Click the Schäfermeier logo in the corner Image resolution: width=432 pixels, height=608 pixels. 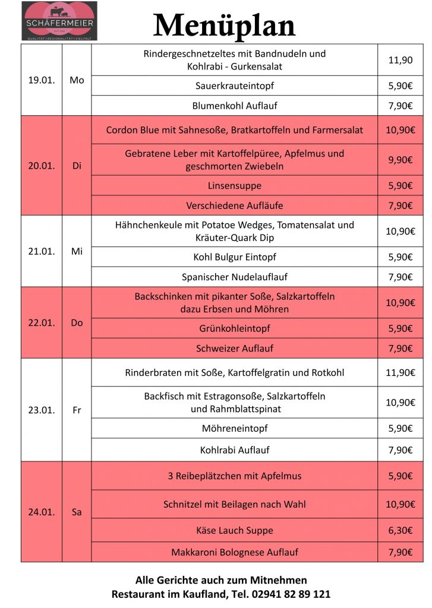[59, 21]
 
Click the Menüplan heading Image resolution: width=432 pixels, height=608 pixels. [224, 26]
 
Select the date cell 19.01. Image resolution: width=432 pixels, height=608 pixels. [42, 80]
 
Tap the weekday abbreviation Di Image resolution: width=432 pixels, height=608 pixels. [77, 166]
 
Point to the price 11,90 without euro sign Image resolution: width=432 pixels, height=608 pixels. [400, 60]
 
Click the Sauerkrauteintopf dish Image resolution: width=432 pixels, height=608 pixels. [235, 85]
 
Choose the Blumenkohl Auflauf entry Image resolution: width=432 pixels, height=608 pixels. [235, 106]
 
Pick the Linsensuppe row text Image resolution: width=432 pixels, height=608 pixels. [235, 185]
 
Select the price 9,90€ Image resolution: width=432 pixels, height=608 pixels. [400, 160]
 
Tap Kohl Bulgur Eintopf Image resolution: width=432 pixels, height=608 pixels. [235, 257]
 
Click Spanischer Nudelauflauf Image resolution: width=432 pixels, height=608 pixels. [235, 277]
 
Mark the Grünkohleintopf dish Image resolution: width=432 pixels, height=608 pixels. [235, 328]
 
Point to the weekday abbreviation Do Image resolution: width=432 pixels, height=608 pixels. [77, 323]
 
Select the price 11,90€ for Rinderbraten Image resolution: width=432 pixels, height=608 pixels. [400, 373]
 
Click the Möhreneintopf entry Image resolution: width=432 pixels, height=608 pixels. [235, 428]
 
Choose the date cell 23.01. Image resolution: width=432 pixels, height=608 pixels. [42, 410]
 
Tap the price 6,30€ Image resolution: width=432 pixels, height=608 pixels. [400, 530]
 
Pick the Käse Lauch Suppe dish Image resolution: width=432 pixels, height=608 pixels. [235, 530]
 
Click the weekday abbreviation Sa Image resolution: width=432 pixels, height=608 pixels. [77, 512]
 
